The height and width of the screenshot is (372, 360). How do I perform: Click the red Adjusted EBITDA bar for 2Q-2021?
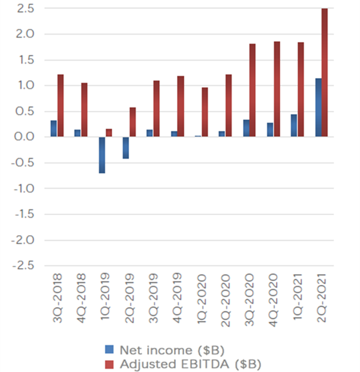[x=325, y=72]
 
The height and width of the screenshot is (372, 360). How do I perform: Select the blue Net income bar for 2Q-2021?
[x=319, y=107]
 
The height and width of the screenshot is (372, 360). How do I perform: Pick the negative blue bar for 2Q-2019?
[x=126, y=148]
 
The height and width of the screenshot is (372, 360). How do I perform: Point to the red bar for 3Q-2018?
[x=61, y=106]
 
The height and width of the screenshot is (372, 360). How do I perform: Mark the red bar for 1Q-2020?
[x=205, y=112]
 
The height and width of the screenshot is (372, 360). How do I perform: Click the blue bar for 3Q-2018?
[x=54, y=128]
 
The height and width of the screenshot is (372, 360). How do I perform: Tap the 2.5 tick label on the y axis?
[x=25, y=9]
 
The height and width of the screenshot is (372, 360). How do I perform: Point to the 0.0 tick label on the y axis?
[x=25, y=137]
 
